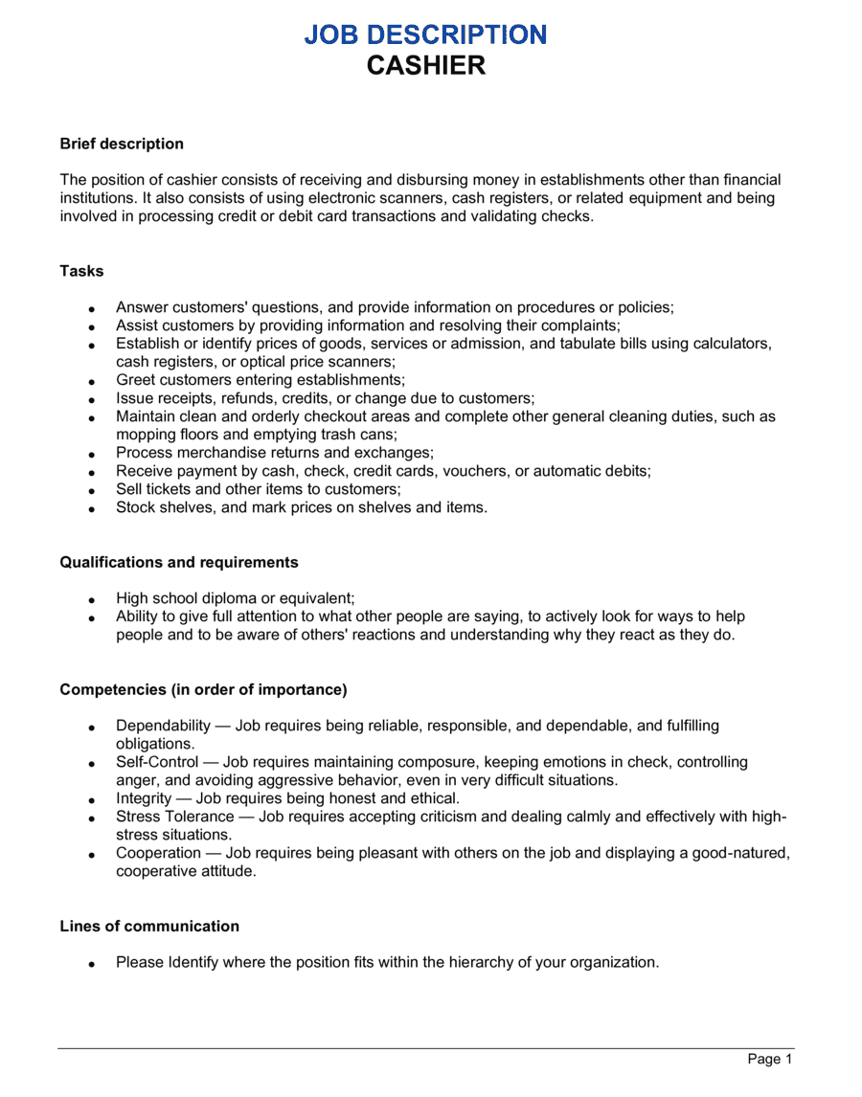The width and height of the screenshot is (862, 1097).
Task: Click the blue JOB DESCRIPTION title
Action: (426, 34)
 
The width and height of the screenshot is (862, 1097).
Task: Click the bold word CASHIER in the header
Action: (427, 65)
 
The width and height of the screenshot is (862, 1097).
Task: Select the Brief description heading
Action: (122, 144)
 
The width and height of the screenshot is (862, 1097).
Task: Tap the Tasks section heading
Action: (81, 271)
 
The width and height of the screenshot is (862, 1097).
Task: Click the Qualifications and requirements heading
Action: (179, 562)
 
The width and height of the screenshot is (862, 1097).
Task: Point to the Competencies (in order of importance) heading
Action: (203, 689)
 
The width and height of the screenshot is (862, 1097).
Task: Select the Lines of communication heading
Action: (149, 926)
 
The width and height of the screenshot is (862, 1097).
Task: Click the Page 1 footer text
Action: (770, 1059)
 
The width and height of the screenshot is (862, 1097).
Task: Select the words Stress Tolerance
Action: (174, 817)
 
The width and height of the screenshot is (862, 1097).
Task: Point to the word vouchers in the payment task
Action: (498, 471)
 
